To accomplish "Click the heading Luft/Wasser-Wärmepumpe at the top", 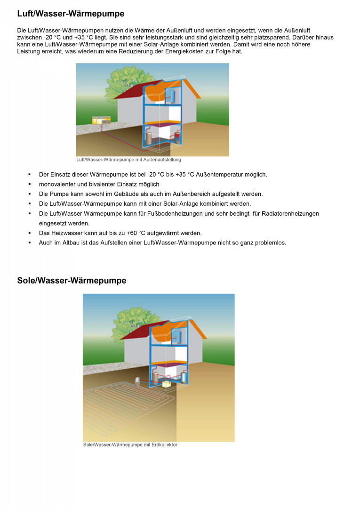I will (x=71, y=14).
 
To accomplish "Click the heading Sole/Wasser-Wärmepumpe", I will (x=72, y=281).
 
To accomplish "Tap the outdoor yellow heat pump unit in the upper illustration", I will (x=98, y=121).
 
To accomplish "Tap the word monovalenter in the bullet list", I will (x=57, y=184).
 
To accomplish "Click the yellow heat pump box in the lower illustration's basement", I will (x=166, y=384).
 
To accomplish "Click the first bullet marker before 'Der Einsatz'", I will (x=29, y=175).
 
